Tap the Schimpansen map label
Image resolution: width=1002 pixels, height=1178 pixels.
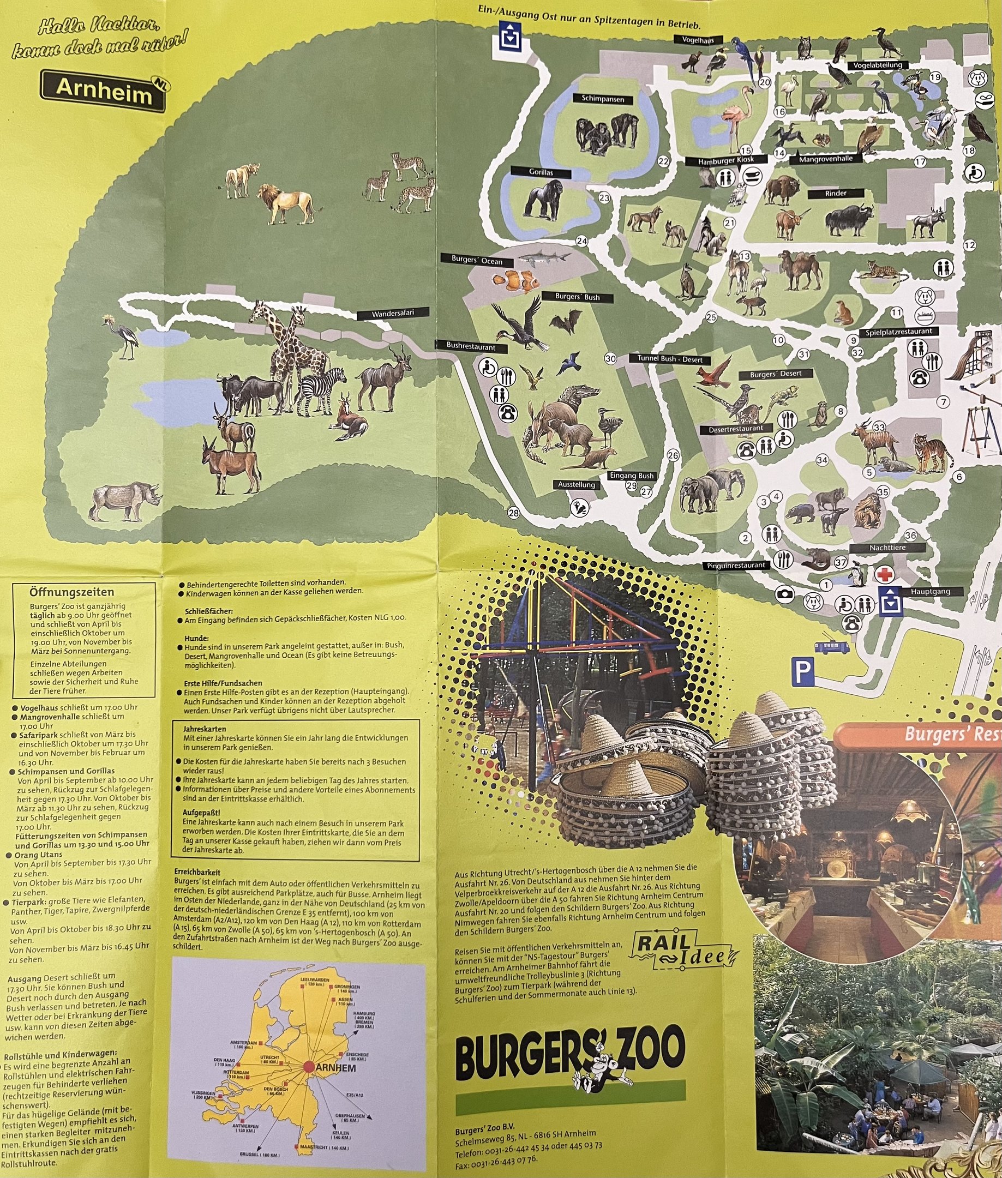point(603,99)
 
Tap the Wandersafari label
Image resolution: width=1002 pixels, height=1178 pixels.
point(393,314)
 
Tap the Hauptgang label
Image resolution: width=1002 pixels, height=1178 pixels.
point(930,592)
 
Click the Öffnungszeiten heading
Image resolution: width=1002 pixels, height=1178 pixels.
point(71,593)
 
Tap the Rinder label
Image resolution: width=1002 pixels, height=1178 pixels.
point(836,194)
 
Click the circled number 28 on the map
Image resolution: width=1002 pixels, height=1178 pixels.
point(513,513)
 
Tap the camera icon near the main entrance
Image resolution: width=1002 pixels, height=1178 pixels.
point(785,594)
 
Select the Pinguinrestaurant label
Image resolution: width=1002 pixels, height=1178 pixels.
point(737,565)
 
